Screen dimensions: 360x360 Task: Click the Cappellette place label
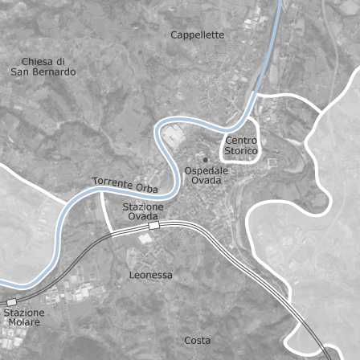[197, 35]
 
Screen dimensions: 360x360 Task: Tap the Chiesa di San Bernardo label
[43, 67]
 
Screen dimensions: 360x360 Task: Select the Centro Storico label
[240, 145]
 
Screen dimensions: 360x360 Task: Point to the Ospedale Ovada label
[207, 176]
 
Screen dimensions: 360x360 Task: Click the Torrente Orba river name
[125, 185]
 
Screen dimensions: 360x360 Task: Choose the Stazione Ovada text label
[144, 211]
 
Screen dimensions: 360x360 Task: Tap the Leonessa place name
[150, 275]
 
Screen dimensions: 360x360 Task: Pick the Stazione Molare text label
[24, 317]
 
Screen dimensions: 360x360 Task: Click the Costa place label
[197, 340]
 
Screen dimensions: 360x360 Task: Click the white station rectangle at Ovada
[153, 227]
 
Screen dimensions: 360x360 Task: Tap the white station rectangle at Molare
[11, 301]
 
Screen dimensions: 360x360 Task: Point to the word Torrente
[111, 182]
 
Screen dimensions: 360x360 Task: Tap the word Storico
[240, 151]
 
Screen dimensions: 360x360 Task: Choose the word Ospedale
[207, 171]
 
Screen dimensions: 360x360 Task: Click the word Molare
[24, 322]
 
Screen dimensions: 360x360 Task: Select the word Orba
[146, 189]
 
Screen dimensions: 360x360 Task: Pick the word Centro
[241, 141]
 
